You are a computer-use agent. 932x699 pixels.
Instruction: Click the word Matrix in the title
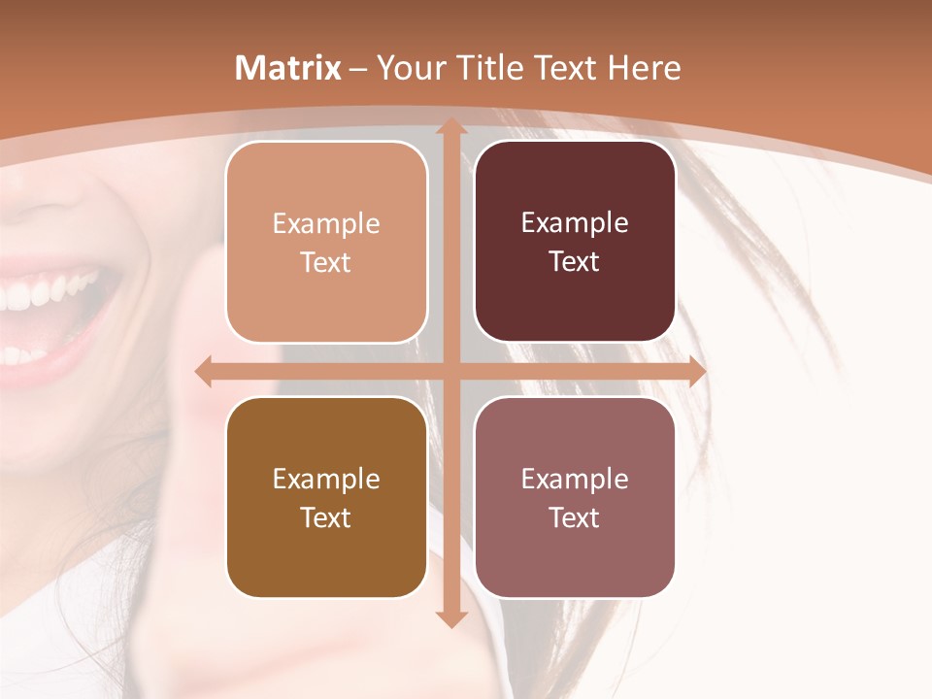[288, 68]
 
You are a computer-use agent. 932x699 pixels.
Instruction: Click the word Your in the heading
[406, 68]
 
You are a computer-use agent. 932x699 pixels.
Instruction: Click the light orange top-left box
[326, 242]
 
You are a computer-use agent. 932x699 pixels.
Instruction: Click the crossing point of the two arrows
[450, 371]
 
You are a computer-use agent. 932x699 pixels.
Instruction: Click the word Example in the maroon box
[575, 223]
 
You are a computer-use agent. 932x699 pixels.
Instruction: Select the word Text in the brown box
[326, 517]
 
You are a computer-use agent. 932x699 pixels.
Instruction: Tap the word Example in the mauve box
[575, 479]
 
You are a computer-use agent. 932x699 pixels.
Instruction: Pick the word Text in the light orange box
[326, 262]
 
